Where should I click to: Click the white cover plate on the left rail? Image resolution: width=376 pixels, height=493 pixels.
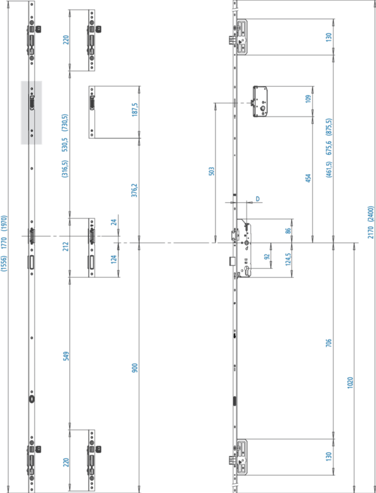(32, 112)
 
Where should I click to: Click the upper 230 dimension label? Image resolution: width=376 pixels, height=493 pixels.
(65, 40)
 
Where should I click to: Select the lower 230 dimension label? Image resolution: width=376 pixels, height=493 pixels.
(65, 462)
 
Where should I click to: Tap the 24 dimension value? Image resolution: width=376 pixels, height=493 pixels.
(113, 223)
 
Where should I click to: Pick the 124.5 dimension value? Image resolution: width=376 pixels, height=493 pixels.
(287, 259)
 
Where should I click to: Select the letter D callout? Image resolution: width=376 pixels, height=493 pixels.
(258, 198)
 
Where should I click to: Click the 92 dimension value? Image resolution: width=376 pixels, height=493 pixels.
(266, 256)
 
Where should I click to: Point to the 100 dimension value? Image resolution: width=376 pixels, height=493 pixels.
(306, 98)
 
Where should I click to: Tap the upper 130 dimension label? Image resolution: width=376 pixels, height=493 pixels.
(329, 37)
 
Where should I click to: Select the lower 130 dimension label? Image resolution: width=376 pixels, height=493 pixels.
(329, 457)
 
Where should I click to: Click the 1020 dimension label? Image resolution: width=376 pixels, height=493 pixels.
(350, 382)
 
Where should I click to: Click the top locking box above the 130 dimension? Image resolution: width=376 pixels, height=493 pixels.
(242, 36)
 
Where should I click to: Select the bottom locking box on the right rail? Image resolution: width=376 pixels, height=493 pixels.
(241, 457)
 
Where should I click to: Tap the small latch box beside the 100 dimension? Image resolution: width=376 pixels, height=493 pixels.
(261, 100)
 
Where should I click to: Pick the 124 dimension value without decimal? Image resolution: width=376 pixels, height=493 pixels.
(113, 259)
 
